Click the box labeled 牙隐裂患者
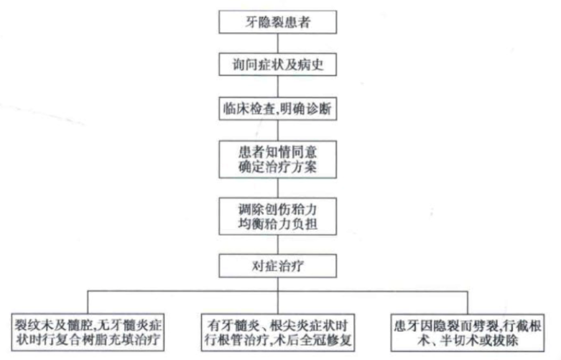[279, 21]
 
